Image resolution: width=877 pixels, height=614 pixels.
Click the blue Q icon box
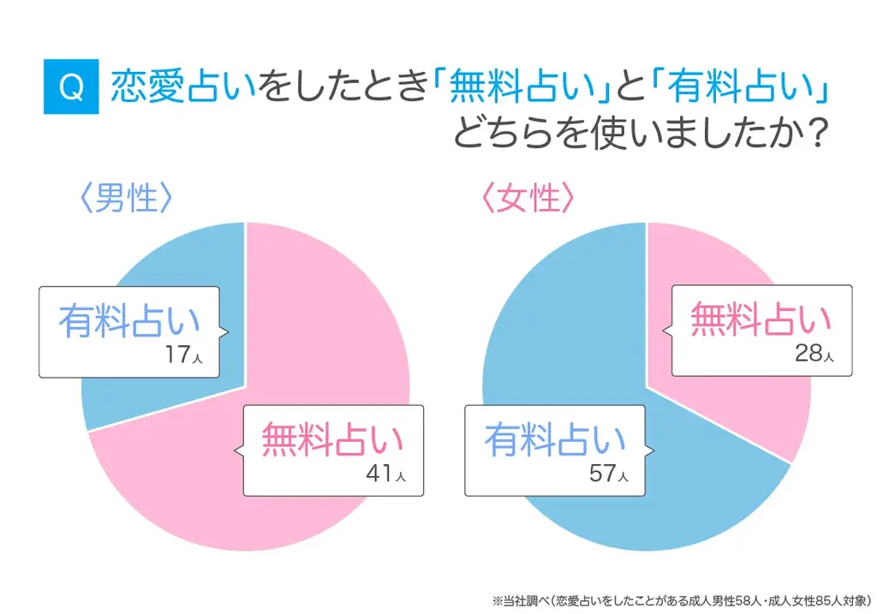71,87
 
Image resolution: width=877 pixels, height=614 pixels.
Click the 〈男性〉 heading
126,199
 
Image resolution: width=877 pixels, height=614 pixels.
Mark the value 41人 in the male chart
388,474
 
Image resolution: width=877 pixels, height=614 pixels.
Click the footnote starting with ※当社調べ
681,599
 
